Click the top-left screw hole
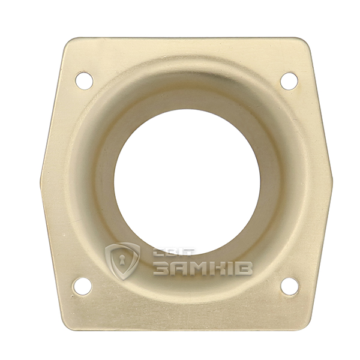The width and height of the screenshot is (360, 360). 84,81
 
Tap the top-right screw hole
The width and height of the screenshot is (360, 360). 289,81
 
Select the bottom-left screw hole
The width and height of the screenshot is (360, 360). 82,286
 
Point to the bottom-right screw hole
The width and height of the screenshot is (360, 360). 290,286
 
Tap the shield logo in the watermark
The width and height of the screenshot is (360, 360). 122,261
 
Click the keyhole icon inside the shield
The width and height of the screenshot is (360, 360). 122,260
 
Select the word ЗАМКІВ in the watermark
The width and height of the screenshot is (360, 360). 203,268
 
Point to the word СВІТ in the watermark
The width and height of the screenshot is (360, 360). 175,252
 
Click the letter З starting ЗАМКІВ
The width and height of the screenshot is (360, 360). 161,268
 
